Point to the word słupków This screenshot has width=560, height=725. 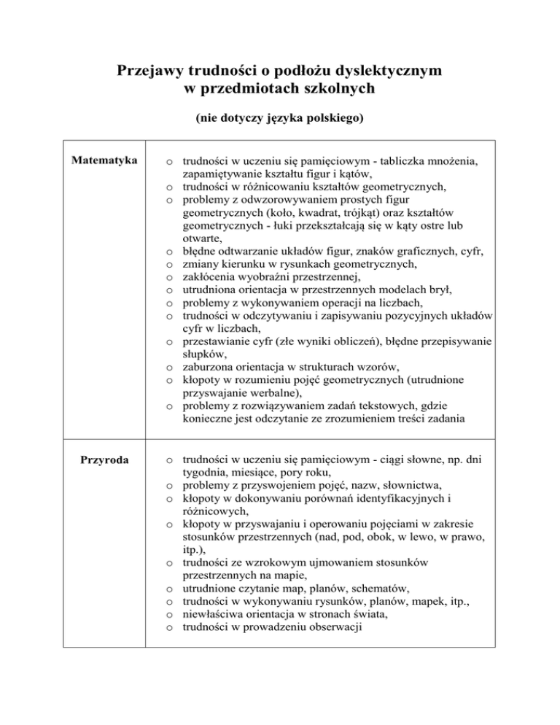click(x=202, y=355)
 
